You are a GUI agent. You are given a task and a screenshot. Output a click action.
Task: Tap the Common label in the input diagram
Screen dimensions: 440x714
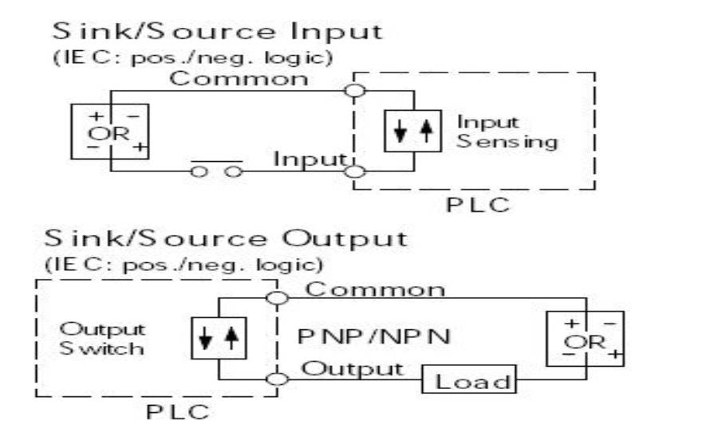coord(239,79)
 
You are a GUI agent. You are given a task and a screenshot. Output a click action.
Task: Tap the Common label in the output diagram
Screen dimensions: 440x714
coord(376,289)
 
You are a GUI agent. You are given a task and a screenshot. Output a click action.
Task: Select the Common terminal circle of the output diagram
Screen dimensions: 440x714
coord(278,297)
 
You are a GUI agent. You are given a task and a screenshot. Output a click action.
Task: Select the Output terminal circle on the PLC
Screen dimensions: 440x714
coord(278,379)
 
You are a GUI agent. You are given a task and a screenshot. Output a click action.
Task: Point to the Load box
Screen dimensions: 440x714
coord(470,381)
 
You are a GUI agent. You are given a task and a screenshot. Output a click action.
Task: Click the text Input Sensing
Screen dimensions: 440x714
coord(506,132)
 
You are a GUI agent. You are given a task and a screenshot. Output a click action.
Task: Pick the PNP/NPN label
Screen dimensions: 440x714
coord(373,337)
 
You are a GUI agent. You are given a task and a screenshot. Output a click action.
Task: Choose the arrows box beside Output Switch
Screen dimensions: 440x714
coord(216,339)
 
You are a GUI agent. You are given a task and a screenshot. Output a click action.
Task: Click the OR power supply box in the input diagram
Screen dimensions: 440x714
coord(109,131)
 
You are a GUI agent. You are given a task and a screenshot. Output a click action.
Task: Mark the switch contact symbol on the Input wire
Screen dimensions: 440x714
coord(212,169)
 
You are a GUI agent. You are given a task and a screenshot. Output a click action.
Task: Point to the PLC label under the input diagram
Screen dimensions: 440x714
coord(477,206)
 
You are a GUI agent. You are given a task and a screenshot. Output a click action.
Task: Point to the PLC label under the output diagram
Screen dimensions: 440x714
coord(178,413)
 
